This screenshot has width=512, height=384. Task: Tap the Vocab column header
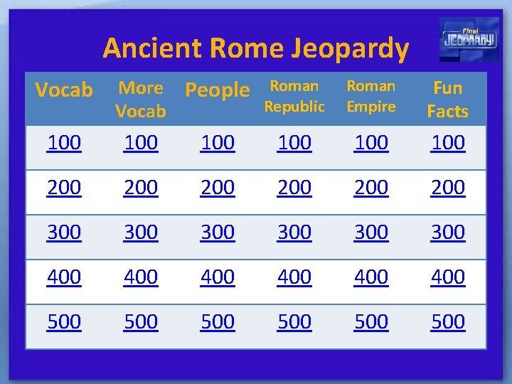point(64,90)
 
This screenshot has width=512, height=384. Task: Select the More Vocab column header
point(141,100)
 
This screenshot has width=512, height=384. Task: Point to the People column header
point(218,90)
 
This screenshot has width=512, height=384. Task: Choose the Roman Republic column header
point(294,96)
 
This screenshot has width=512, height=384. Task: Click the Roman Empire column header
point(371,96)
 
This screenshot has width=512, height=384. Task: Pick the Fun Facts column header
point(448,100)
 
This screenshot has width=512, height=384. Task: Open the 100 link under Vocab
point(64,143)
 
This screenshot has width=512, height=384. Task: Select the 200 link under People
point(218,188)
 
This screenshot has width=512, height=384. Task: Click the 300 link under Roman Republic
point(294,233)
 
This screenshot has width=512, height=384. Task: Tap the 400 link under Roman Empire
point(371,277)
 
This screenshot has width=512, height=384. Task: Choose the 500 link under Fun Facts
point(448,322)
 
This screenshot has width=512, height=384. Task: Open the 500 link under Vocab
point(64,322)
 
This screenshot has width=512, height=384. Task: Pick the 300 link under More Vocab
point(141,233)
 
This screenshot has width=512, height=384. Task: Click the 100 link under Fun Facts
point(448,143)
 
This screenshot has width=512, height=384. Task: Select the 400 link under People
point(218,277)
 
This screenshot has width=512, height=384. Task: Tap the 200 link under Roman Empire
point(371,188)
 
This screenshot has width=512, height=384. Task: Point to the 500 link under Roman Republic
point(294,322)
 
